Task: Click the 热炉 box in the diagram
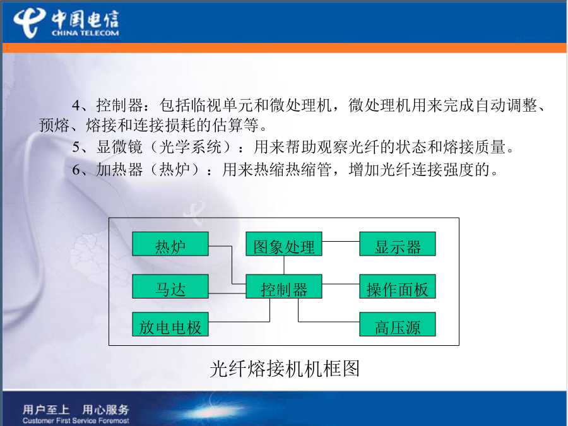click(x=170, y=244)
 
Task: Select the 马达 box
click(x=170, y=286)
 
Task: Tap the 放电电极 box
click(x=170, y=324)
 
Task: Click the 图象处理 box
click(x=284, y=244)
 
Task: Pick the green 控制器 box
click(x=284, y=286)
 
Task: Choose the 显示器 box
click(x=398, y=244)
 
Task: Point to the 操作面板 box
click(x=398, y=286)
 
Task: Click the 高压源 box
click(x=398, y=324)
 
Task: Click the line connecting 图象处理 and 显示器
click(x=341, y=241)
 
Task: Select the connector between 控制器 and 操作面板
click(x=341, y=284)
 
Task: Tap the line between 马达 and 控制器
click(x=227, y=293)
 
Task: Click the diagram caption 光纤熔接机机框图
click(x=285, y=369)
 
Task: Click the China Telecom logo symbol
click(x=29, y=23)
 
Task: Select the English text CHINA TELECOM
click(x=85, y=33)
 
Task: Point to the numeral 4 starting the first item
click(x=76, y=105)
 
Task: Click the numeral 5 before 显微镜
click(x=76, y=147)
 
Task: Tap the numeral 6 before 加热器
click(x=76, y=170)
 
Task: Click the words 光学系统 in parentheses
click(x=190, y=146)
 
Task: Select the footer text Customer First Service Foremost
click(x=76, y=420)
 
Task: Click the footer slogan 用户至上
click(x=45, y=410)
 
